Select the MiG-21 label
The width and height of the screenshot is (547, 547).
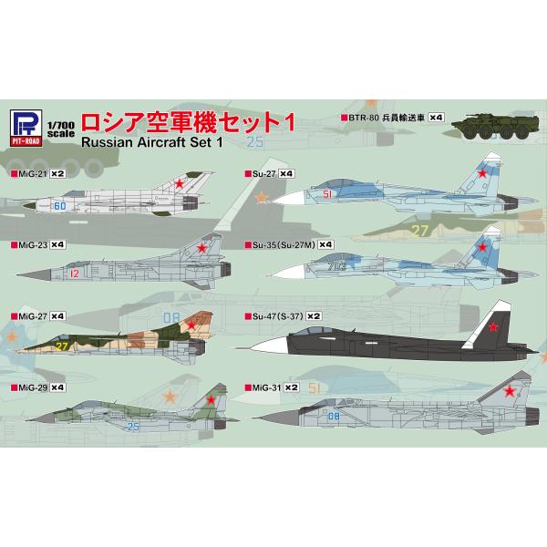point(25,172)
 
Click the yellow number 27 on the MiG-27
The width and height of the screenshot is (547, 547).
point(62,346)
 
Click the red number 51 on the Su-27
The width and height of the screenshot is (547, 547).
point(329,194)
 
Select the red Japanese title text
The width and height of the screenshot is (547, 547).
point(183,122)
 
